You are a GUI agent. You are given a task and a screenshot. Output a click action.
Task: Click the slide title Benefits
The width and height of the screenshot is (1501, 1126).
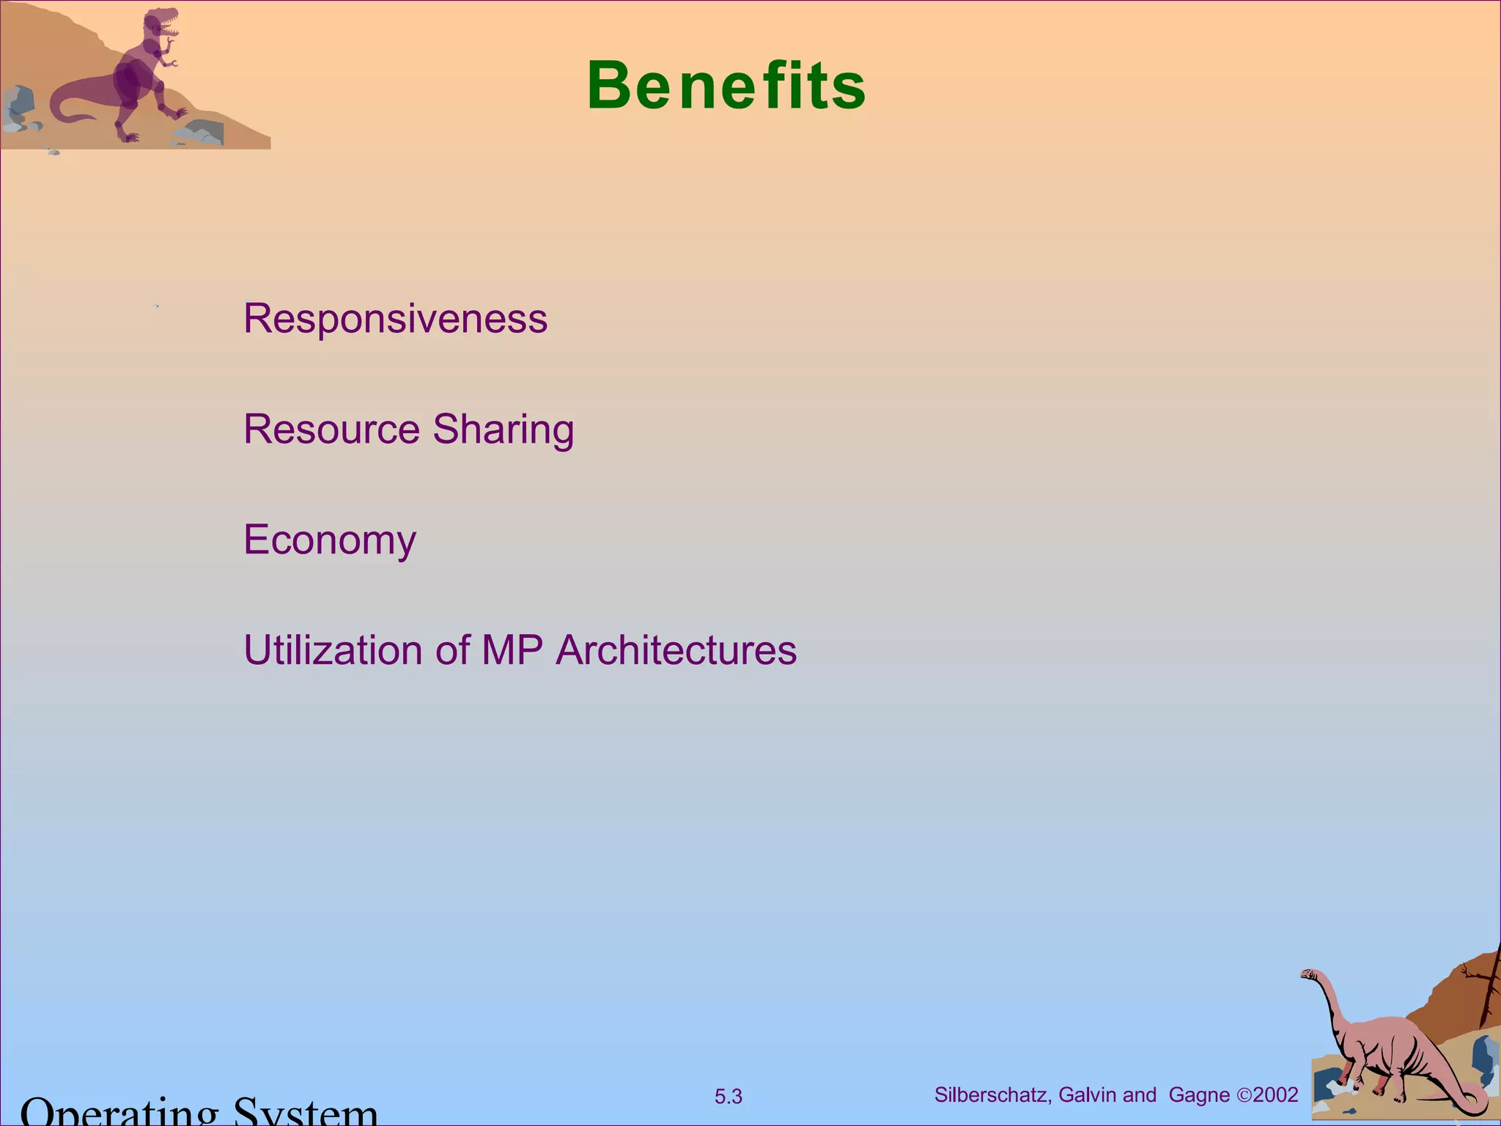click(726, 87)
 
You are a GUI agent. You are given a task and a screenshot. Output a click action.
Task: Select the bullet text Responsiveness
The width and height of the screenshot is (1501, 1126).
click(395, 319)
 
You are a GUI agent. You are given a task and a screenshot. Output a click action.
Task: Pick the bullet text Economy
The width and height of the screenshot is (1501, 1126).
click(330, 541)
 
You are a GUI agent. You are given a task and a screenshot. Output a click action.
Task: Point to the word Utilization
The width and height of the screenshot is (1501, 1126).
click(333, 650)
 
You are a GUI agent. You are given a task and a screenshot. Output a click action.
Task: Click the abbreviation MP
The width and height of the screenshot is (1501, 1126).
click(512, 650)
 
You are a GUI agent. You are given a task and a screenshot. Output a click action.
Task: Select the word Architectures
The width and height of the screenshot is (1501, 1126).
click(676, 650)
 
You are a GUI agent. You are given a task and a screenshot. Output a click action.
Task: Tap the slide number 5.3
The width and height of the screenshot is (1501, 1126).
click(728, 1097)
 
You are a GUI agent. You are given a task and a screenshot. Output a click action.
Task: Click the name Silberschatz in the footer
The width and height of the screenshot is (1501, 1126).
click(992, 1095)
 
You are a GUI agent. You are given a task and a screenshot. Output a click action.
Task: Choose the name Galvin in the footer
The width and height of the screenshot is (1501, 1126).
click(1088, 1095)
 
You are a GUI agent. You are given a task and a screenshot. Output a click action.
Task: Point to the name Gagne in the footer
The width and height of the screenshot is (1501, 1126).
click(1199, 1095)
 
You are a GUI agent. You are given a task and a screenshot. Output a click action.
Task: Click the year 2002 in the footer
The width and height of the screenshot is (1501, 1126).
click(1276, 1095)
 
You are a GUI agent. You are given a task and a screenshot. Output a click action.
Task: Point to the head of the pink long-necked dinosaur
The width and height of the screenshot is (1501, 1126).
click(1309, 975)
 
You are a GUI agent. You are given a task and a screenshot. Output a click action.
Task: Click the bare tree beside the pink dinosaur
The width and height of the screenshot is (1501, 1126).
click(1488, 990)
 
